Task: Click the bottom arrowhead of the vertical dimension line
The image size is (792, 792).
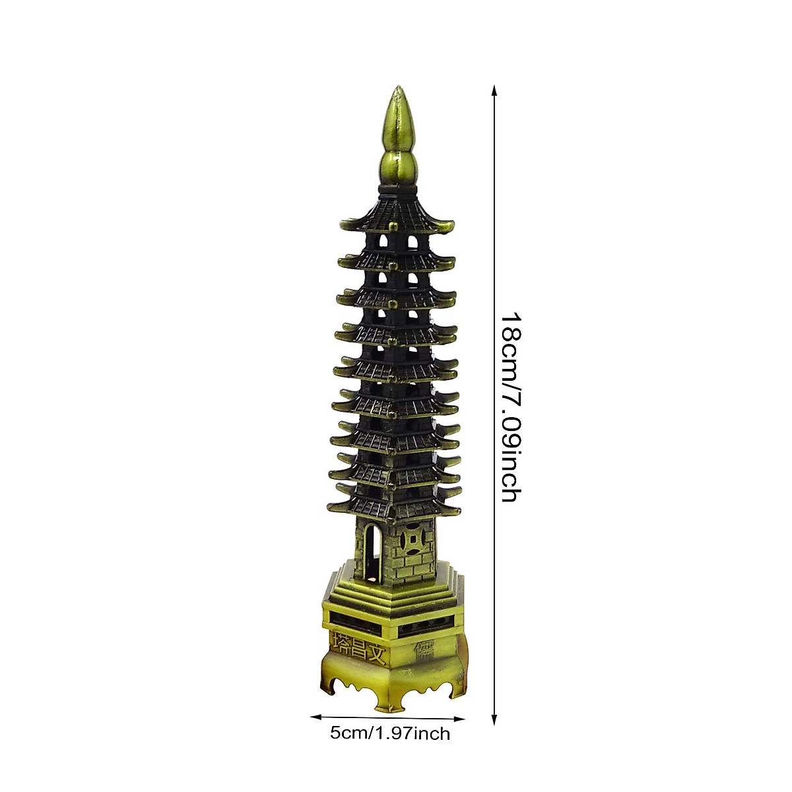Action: click(494, 719)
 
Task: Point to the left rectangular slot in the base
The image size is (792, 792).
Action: click(360, 620)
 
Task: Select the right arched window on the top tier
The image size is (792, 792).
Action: click(412, 243)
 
